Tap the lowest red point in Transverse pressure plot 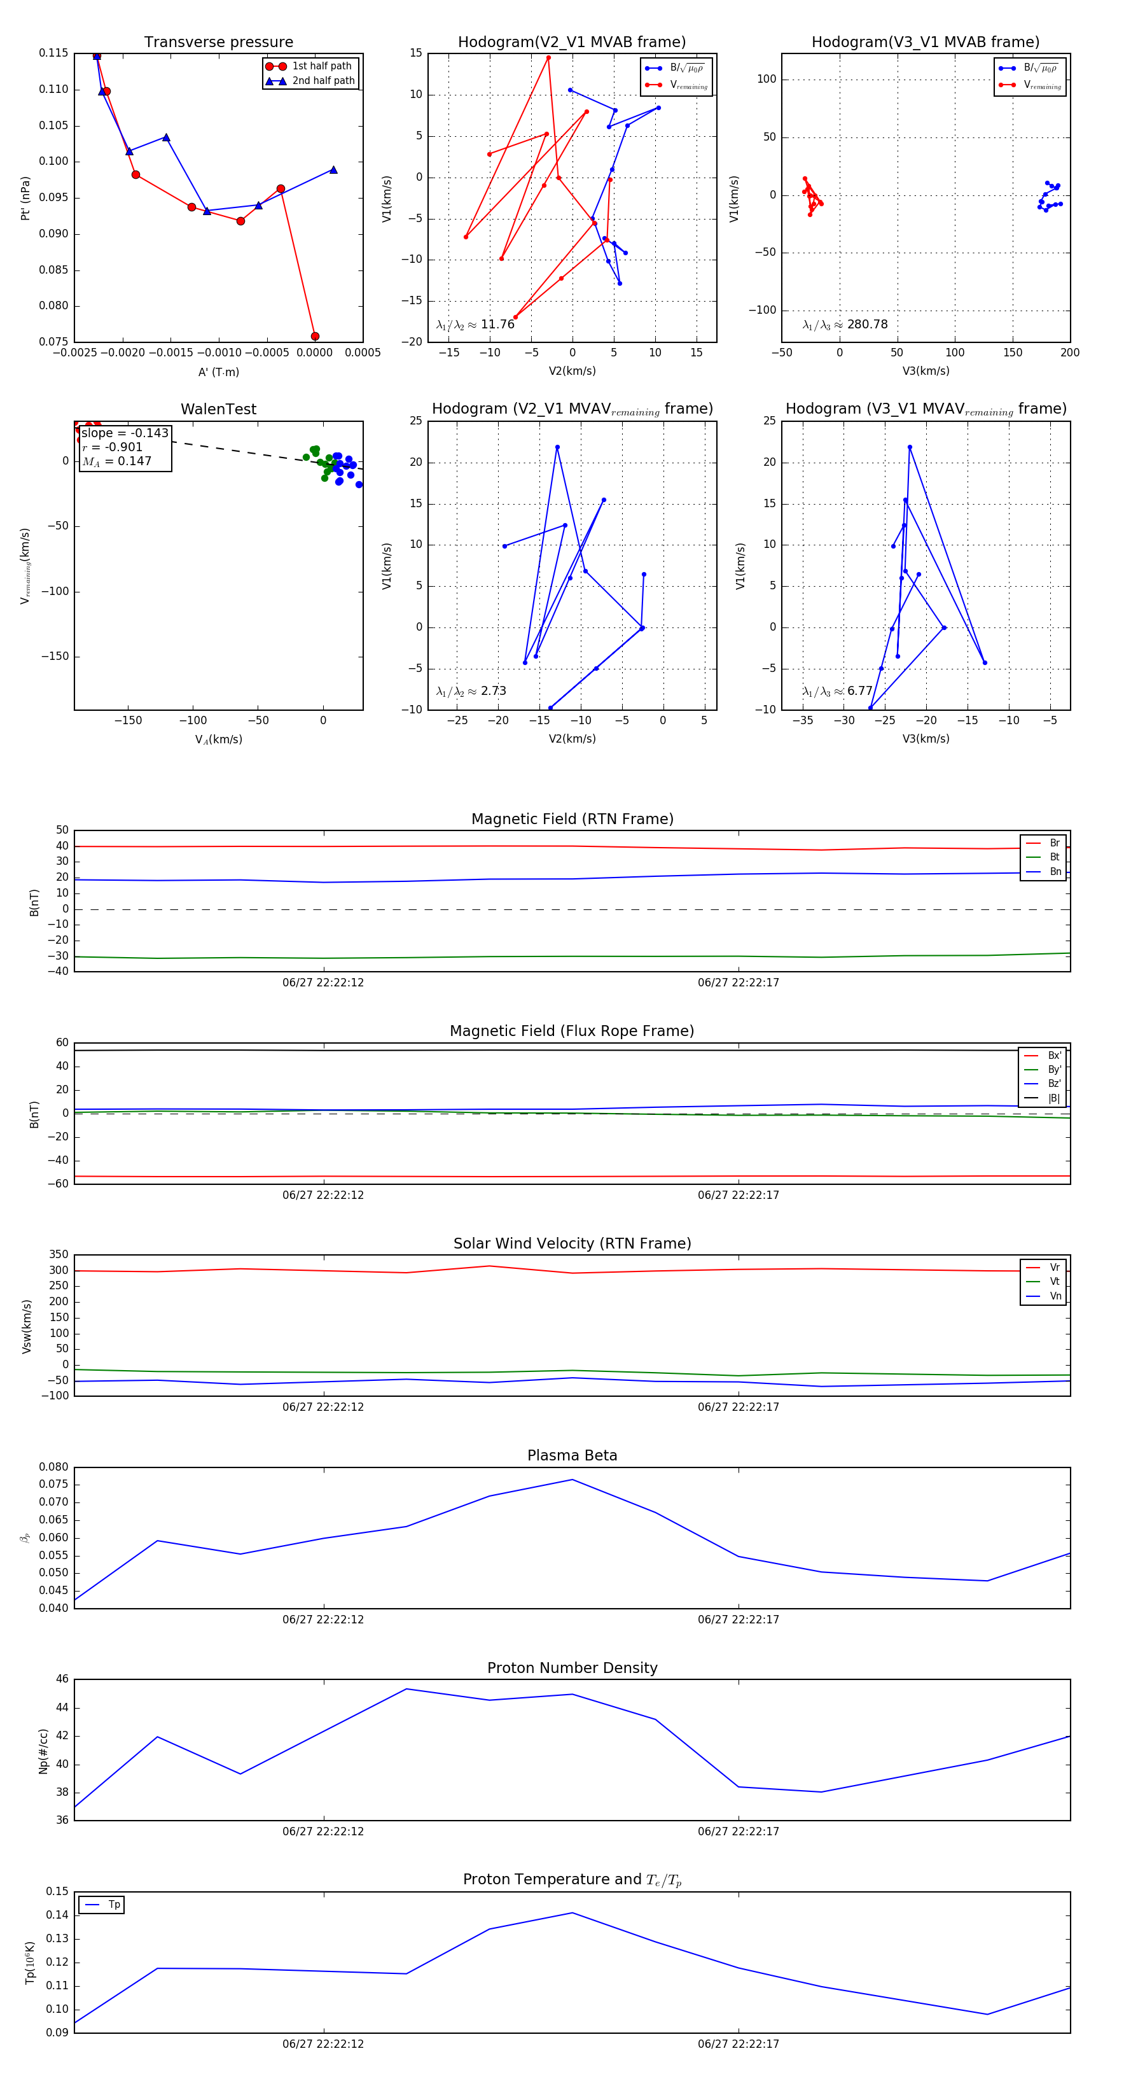315,336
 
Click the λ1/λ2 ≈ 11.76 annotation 475,325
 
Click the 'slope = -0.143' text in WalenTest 125,433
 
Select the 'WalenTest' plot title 218,409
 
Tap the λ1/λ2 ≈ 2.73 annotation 471,691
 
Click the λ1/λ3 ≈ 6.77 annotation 838,691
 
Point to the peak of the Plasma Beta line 572,1480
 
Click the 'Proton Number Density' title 572,1668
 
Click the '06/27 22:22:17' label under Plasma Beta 739,1619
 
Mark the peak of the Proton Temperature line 572,1912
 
